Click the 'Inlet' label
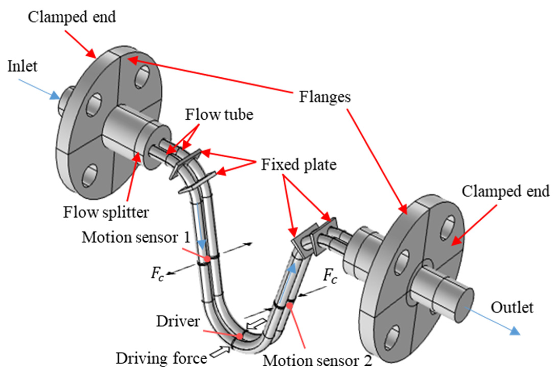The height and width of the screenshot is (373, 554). point(22,66)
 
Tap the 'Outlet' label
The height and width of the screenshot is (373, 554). point(512,308)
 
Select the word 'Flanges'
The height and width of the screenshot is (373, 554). point(325,97)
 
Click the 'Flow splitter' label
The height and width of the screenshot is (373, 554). point(106,212)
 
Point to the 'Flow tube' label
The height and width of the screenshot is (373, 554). point(219,115)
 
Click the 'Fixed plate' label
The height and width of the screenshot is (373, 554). point(299,165)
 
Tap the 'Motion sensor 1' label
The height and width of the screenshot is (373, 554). point(136,237)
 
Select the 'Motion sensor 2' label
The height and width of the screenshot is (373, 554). point(317,361)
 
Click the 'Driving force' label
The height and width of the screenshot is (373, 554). point(161,358)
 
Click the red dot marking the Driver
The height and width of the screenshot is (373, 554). point(239,336)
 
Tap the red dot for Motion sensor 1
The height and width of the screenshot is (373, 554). point(207,259)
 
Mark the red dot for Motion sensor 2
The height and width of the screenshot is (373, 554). point(290,305)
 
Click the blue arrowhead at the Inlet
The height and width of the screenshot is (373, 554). point(54,96)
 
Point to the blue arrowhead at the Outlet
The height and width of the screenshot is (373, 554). point(513,331)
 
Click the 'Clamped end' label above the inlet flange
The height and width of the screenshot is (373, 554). point(72,17)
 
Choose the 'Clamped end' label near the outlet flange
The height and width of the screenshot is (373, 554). point(506,191)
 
